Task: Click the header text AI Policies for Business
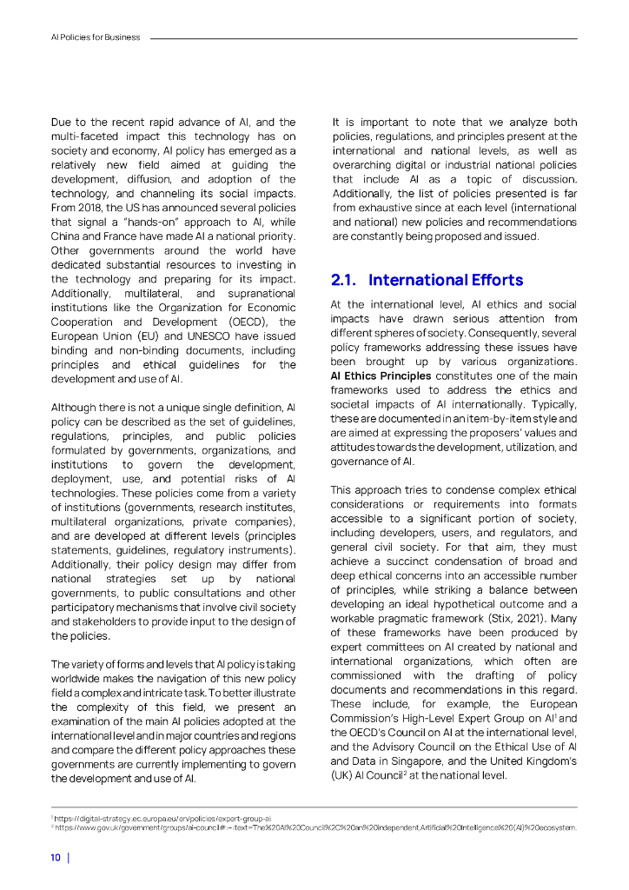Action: (x=95, y=38)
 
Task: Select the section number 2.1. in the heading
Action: (x=346, y=280)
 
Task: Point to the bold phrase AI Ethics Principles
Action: (x=381, y=376)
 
